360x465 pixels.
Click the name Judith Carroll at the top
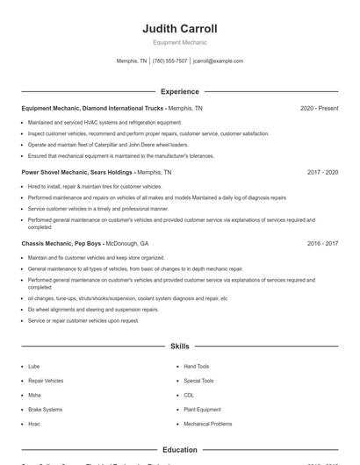(179, 28)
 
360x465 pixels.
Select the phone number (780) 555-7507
(169, 61)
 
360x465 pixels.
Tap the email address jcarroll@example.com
(218, 61)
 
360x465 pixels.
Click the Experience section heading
(179, 91)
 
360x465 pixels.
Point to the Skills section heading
(179, 347)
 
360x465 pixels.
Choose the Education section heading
(179, 450)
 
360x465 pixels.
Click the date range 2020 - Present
(319, 108)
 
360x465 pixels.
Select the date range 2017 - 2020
(322, 173)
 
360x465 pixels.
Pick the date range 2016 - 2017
(322, 243)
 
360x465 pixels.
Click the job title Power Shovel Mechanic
(60, 173)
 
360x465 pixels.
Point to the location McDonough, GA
(128, 243)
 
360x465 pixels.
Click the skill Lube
(33, 367)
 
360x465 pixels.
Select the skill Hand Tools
(196, 367)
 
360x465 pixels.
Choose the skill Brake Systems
(45, 410)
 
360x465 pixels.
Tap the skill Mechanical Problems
(207, 424)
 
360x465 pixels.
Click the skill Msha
(34, 395)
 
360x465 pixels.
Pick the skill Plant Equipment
(202, 410)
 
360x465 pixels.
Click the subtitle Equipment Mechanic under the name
(179, 42)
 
